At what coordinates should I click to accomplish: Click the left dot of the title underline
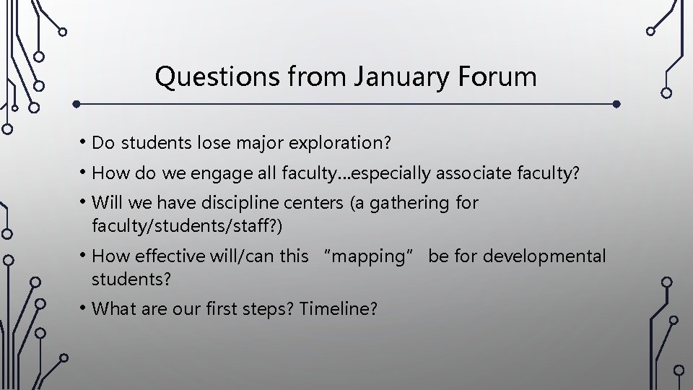[x=77, y=103]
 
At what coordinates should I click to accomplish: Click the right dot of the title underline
[x=616, y=103]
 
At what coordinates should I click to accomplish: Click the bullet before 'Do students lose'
[x=85, y=142]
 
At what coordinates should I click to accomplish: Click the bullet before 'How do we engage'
[x=85, y=173]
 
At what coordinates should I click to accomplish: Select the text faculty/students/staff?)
[x=188, y=226]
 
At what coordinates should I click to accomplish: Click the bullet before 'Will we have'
[x=85, y=203]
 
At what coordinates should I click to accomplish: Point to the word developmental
[x=545, y=256]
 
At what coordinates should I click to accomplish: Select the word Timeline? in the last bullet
[x=339, y=309]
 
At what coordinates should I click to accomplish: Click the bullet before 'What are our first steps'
[x=85, y=308]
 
